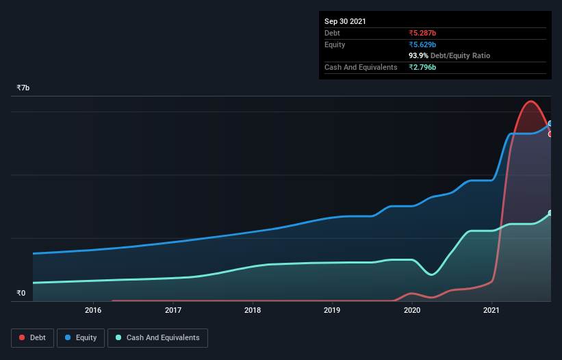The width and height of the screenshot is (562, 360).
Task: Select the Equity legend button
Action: [80, 337]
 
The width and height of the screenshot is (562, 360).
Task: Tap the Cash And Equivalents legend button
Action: [157, 337]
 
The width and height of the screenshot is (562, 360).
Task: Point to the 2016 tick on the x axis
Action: [93, 311]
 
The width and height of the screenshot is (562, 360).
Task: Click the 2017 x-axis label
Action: [173, 311]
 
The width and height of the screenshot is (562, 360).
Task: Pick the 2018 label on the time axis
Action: [253, 311]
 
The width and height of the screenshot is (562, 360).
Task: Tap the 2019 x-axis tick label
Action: [332, 311]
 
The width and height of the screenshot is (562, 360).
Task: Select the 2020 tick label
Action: [412, 311]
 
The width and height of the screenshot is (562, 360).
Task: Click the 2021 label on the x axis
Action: [491, 311]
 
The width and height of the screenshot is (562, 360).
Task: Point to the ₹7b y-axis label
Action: [23, 88]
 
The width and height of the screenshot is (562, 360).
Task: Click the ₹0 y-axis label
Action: [21, 294]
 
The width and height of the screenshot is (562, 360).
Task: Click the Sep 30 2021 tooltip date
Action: [345, 21]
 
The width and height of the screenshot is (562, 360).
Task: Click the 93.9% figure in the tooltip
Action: [418, 55]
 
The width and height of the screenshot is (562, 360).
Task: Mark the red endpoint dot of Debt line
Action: [550, 134]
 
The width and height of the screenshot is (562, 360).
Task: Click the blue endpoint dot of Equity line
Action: [550, 124]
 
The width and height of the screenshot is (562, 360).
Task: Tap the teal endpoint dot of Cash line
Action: [550, 213]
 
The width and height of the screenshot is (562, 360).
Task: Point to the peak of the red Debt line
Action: [530, 101]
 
